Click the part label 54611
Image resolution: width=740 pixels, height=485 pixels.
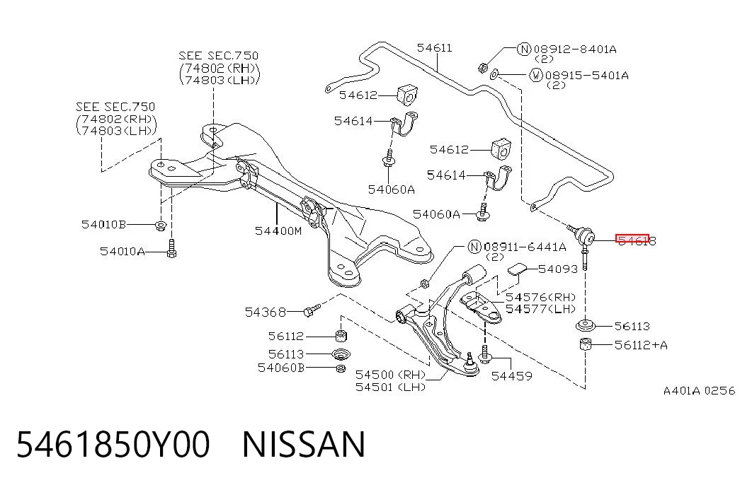click(434, 47)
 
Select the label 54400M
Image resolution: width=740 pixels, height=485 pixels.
click(278, 231)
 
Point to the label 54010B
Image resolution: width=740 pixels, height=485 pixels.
click(104, 224)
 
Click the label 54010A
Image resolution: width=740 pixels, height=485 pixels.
click(123, 251)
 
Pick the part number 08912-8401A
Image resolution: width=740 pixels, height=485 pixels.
click(575, 49)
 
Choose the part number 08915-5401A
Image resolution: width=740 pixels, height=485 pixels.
click(586, 76)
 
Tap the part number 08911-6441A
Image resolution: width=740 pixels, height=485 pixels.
click(525, 247)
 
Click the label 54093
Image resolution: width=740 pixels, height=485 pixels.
click(558, 269)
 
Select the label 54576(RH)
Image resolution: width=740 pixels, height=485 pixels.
click(541, 298)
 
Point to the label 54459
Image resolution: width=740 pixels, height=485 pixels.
click(511, 376)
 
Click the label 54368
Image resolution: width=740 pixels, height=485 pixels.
click(266, 312)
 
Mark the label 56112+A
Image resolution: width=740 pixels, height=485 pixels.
click(641, 345)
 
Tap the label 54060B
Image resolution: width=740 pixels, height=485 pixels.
click(281, 368)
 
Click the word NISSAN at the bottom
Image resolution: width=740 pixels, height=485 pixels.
click(304, 444)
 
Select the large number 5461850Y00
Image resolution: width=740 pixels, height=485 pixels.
click(113, 444)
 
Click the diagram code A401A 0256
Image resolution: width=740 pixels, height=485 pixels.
click(700, 391)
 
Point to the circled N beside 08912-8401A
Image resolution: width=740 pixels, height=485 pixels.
click(524, 49)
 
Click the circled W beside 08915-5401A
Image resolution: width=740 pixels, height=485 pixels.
click(536, 75)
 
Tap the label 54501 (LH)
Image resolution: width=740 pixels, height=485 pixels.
click(390, 387)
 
